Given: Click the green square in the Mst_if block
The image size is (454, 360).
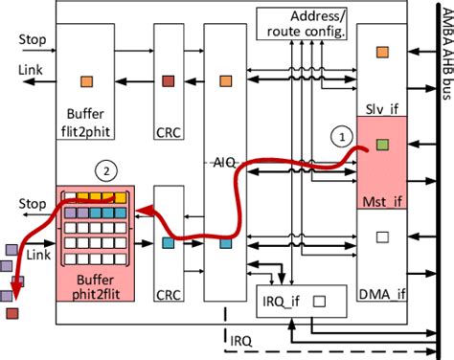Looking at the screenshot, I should [x=382, y=146].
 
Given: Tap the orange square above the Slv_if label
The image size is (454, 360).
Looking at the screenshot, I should [x=382, y=53].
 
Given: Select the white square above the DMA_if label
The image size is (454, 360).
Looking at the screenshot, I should [x=382, y=237].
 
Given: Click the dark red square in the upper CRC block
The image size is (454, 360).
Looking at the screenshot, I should [x=169, y=81].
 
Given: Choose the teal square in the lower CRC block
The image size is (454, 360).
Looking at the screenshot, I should [x=169, y=244].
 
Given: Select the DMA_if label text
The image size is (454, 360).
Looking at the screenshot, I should [x=382, y=293].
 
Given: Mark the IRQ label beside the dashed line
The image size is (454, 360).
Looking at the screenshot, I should [x=241, y=338].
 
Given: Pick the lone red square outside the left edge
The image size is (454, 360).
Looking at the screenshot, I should [x=11, y=311].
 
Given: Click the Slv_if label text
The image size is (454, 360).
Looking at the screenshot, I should [x=382, y=107].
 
